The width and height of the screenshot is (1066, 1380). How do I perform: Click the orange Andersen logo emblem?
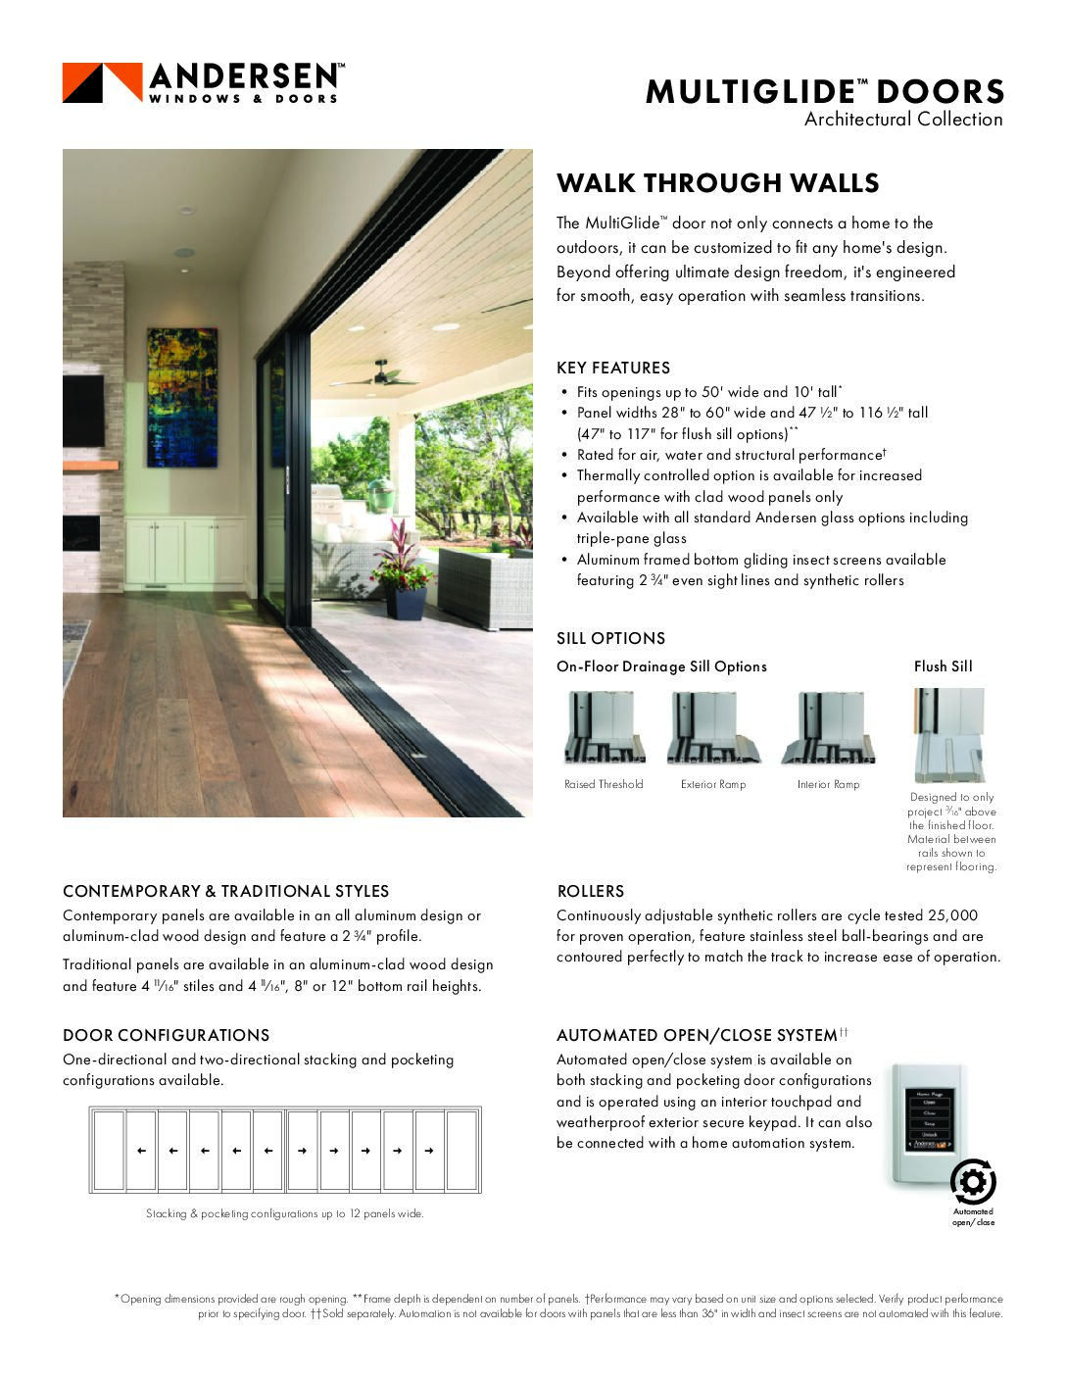(102, 82)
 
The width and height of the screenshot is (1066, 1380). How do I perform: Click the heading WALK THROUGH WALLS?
(717, 183)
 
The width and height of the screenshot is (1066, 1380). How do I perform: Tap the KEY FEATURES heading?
(613, 368)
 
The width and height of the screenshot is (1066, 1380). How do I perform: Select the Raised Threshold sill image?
(605, 727)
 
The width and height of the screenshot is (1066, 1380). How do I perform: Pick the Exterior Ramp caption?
(713, 784)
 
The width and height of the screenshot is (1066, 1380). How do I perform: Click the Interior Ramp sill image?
(828, 727)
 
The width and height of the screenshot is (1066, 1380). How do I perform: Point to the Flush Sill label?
(943, 666)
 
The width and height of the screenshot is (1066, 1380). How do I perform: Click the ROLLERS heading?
(590, 891)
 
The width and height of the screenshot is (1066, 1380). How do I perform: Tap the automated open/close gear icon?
(973, 1182)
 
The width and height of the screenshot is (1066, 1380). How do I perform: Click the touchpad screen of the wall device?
(929, 1117)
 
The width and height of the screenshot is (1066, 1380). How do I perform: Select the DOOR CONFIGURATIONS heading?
(166, 1035)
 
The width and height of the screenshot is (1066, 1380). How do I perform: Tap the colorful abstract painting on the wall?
(182, 397)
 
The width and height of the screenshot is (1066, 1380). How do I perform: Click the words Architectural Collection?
(902, 120)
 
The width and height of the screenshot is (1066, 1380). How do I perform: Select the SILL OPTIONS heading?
(610, 638)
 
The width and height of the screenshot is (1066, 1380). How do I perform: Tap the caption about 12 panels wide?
(284, 1213)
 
